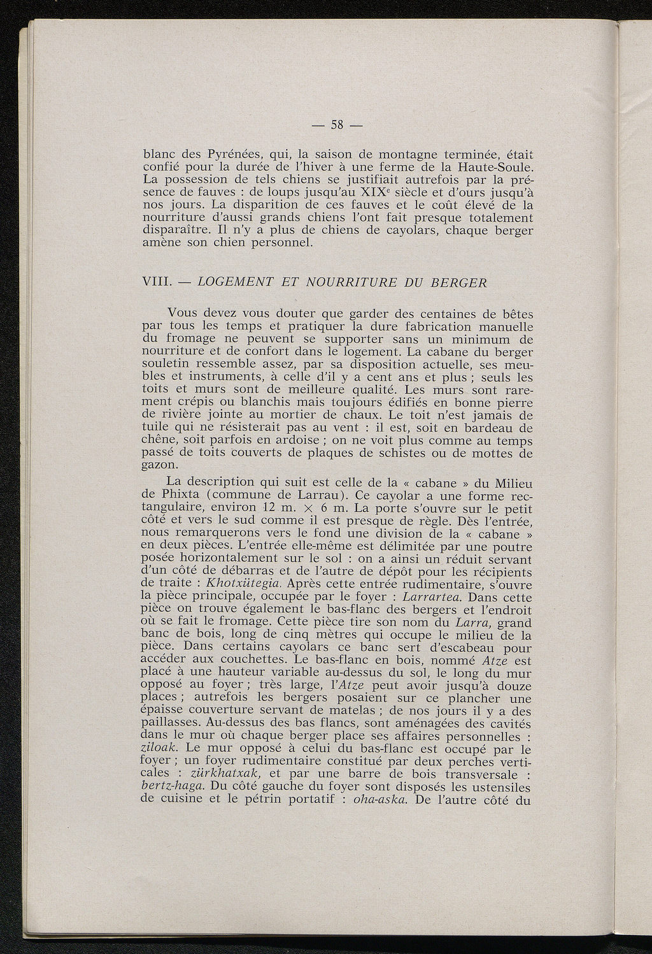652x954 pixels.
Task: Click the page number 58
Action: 337,125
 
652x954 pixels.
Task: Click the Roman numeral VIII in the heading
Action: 153,283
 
